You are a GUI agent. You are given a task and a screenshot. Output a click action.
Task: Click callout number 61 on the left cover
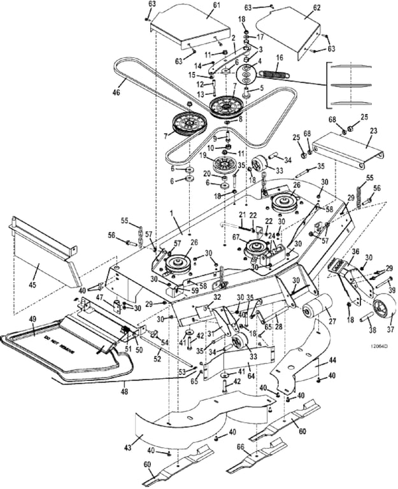point(217,6)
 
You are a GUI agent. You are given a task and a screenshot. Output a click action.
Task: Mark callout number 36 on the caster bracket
point(355,252)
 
